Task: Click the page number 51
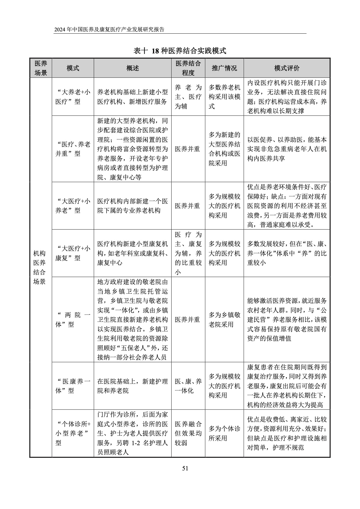point(185,468)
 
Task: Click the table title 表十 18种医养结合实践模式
point(180,51)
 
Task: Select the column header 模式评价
point(287,68)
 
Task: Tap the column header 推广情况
point(224,68)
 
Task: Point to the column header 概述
point(132,68)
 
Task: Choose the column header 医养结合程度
point(188,68)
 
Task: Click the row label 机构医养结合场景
point(40,267)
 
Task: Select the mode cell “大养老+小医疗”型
point(73,97)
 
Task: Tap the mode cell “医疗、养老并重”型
point(73,149)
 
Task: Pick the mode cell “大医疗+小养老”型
point(73,206)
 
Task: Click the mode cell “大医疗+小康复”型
point(73,253)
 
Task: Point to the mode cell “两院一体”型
point(73,320)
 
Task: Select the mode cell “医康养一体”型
point(73,386)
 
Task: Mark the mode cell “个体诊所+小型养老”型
point(73,433)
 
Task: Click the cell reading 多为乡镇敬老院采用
point(224,320)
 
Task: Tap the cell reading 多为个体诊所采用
point(224,433)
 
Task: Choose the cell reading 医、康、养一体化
point(188,386)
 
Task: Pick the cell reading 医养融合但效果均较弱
point(188,433)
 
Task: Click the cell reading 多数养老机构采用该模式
point(224,97)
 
